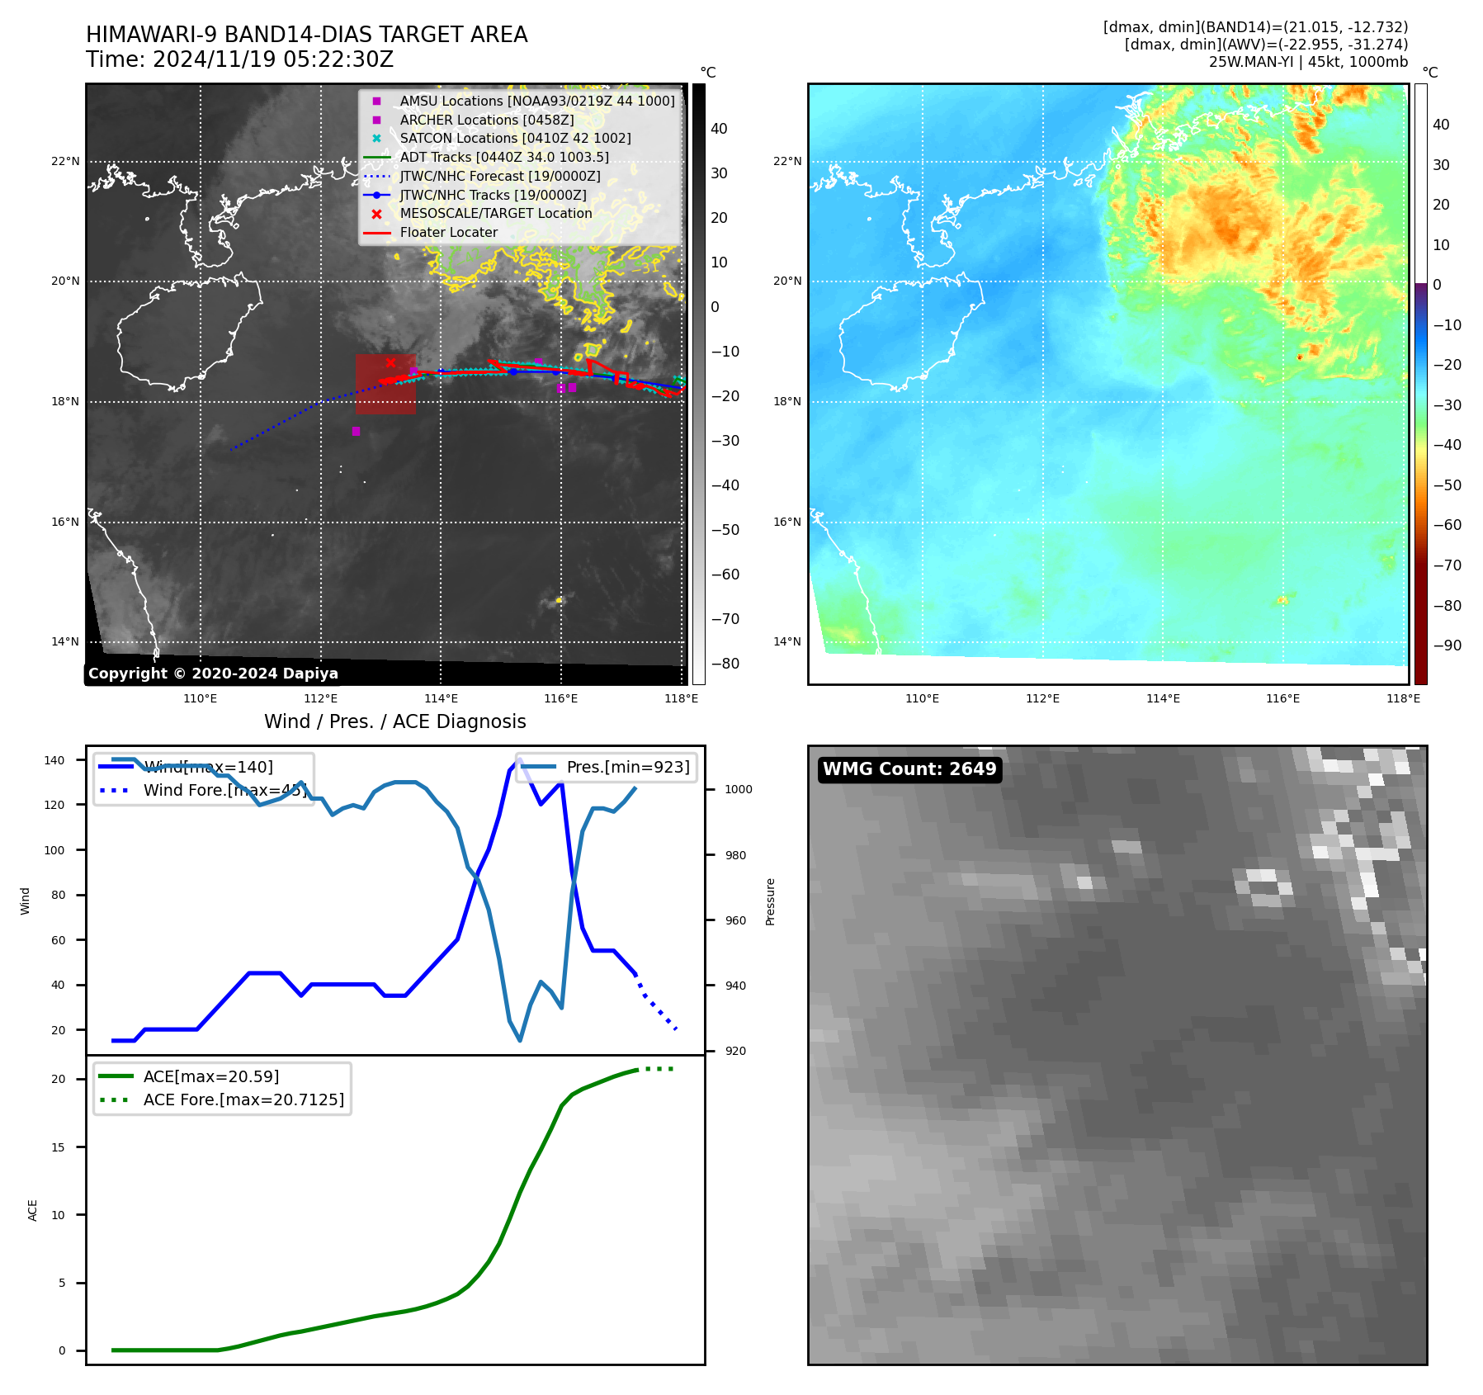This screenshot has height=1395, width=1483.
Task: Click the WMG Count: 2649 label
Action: (909, 769)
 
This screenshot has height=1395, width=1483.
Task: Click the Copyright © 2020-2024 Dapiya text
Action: (213, 674)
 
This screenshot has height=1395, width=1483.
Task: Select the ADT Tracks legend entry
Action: (503, 157)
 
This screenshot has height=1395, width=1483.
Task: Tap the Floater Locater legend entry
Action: (448, 232)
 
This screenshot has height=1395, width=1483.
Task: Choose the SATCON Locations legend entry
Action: (515, 138)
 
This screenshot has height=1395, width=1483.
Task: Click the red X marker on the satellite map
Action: (390, 362)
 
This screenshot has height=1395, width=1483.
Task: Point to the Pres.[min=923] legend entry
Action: (627, 767)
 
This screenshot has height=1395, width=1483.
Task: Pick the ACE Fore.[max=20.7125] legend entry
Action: (243, 1099)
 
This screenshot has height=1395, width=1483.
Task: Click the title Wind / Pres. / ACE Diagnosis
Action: (394, 721)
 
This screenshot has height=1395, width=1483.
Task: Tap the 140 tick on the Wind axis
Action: (54, 760)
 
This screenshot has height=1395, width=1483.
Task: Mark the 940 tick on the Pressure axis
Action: (734, 986)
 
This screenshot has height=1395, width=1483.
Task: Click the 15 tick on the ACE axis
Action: (58, 1147)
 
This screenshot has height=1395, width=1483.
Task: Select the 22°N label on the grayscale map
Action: (65, 161)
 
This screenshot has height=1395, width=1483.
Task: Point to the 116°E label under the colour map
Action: (1282, 698)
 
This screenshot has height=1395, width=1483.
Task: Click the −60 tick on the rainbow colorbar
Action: (1447, 525)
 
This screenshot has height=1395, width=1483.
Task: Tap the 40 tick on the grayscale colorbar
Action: (719, 129)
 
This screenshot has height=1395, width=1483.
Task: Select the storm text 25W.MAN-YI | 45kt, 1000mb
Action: (1308, 62)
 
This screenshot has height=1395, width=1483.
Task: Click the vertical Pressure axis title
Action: (770, 901)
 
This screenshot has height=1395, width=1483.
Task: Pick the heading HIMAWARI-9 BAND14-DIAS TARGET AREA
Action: (306, 35)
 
